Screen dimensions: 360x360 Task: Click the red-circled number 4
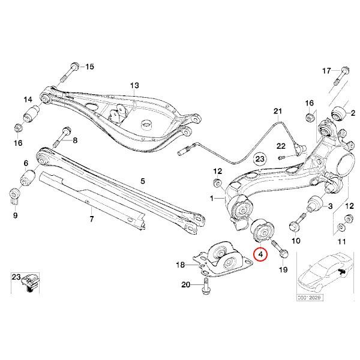click(x=260, y=254)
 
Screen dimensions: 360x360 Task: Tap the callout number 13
click(x=134, y=86)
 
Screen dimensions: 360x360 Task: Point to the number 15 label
click(x=90, y=66)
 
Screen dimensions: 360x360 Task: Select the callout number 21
click(x=277, y=112)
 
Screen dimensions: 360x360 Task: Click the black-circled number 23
click(x=259, y=158)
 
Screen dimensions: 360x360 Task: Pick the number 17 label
click(x=326, y=71)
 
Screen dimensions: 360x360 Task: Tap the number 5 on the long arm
click(x=143, y=180)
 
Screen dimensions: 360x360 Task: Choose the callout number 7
click(x=92, y=219)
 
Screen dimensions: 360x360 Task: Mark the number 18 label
click(x=181, y=265)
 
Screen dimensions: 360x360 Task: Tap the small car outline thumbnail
click(x=324, y=274)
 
